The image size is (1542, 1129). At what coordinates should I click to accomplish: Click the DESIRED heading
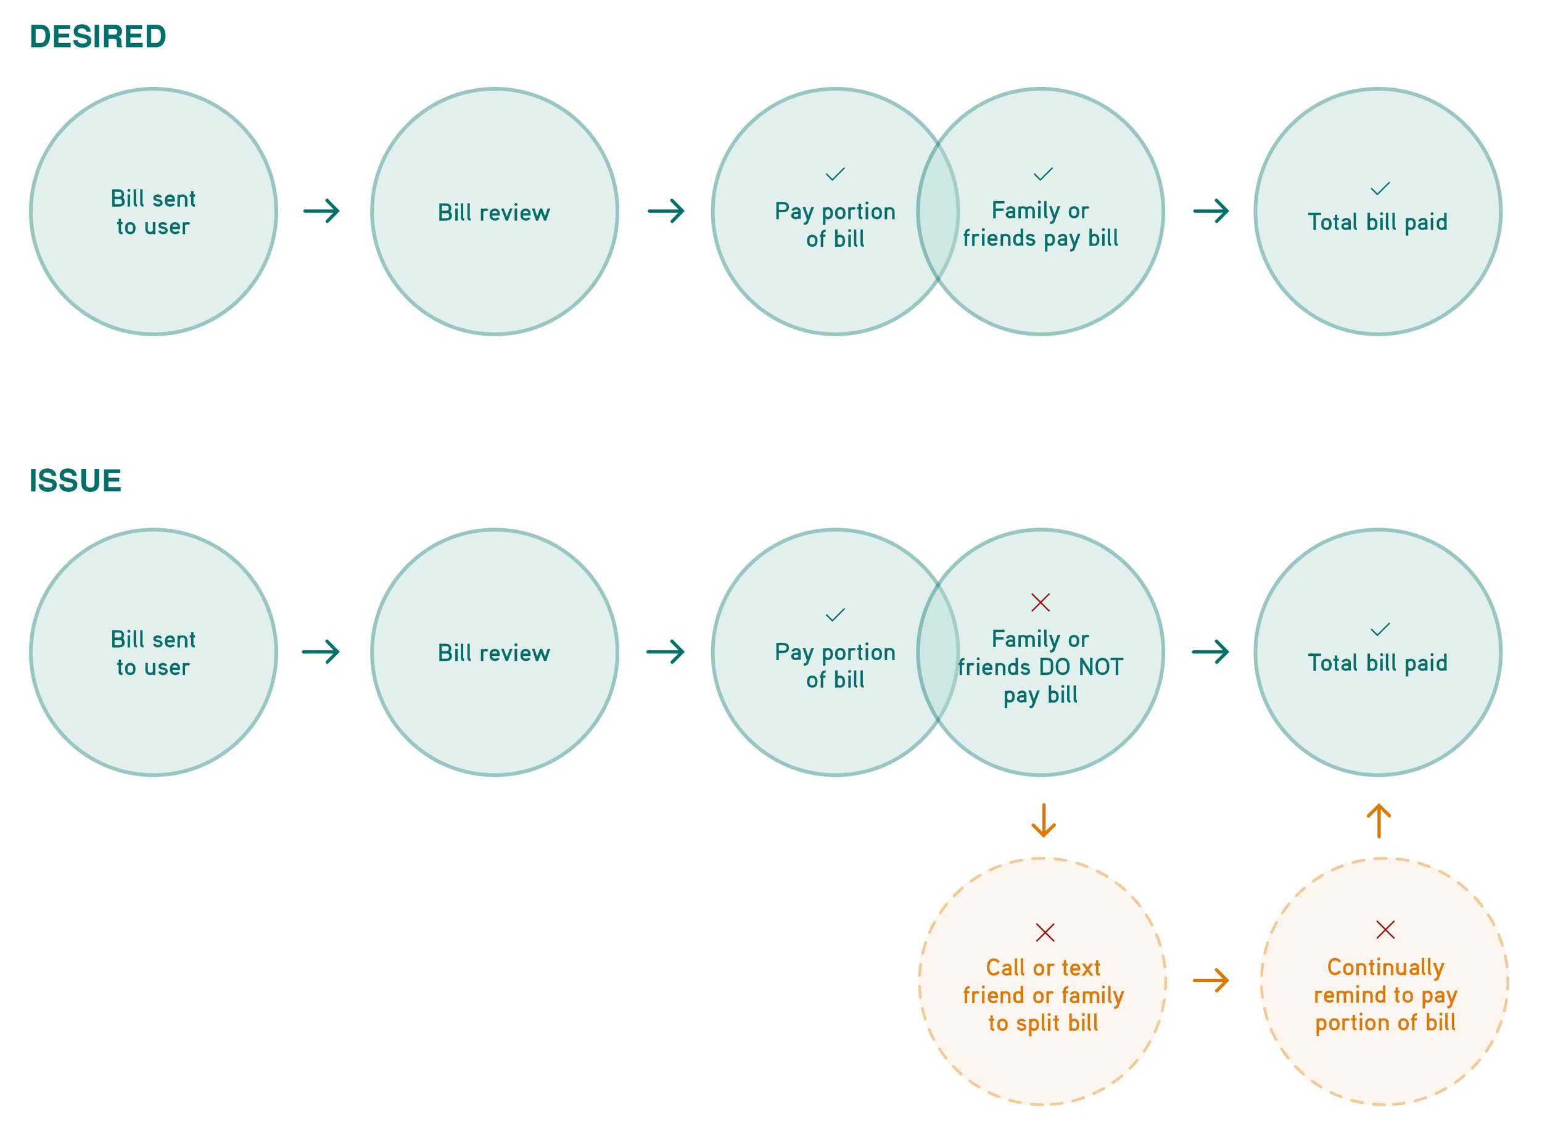(97, 37)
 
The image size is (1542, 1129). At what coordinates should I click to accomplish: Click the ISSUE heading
(75, 481)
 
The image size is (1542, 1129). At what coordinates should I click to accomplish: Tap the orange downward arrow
(1043, 821)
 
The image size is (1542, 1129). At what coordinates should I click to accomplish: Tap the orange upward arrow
(1379, 821)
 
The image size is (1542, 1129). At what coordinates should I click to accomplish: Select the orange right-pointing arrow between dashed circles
(1211, 982)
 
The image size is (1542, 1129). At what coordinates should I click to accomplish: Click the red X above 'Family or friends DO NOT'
(1041, 602)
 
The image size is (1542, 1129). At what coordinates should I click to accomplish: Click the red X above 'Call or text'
(1045, 932)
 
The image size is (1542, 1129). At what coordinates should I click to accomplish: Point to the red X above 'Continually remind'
(1385, 930)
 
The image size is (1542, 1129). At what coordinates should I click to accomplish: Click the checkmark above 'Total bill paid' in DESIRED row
(1380, 189)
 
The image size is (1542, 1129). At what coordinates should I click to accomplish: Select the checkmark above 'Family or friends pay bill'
(1043, 174)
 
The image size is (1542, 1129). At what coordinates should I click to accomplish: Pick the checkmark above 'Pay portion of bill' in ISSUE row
(835, 615)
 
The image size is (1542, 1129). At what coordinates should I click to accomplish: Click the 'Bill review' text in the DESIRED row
(494, 213)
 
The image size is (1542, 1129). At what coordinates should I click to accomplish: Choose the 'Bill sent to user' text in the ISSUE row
(153, 653)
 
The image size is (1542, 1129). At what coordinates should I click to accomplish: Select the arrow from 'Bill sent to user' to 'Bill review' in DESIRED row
(322, 211)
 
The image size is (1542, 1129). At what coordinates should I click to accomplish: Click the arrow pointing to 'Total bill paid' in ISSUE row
(1211, 652)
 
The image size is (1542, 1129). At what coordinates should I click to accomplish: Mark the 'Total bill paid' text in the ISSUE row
(1378, 663)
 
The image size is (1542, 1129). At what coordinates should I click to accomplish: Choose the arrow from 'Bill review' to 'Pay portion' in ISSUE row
(666, 652)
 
